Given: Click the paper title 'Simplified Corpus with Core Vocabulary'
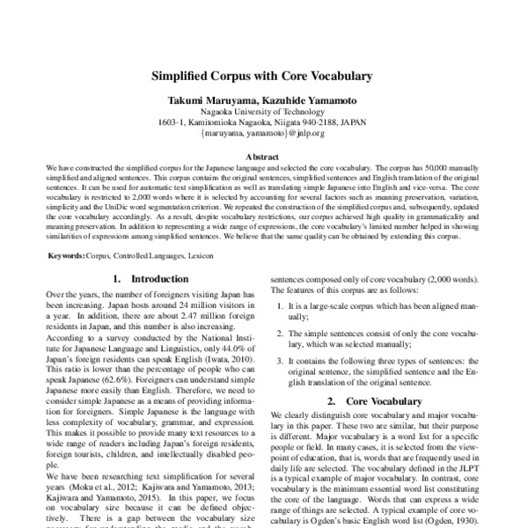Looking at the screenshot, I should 264,77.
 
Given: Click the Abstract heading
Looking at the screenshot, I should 264,155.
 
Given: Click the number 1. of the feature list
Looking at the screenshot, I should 282,304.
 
